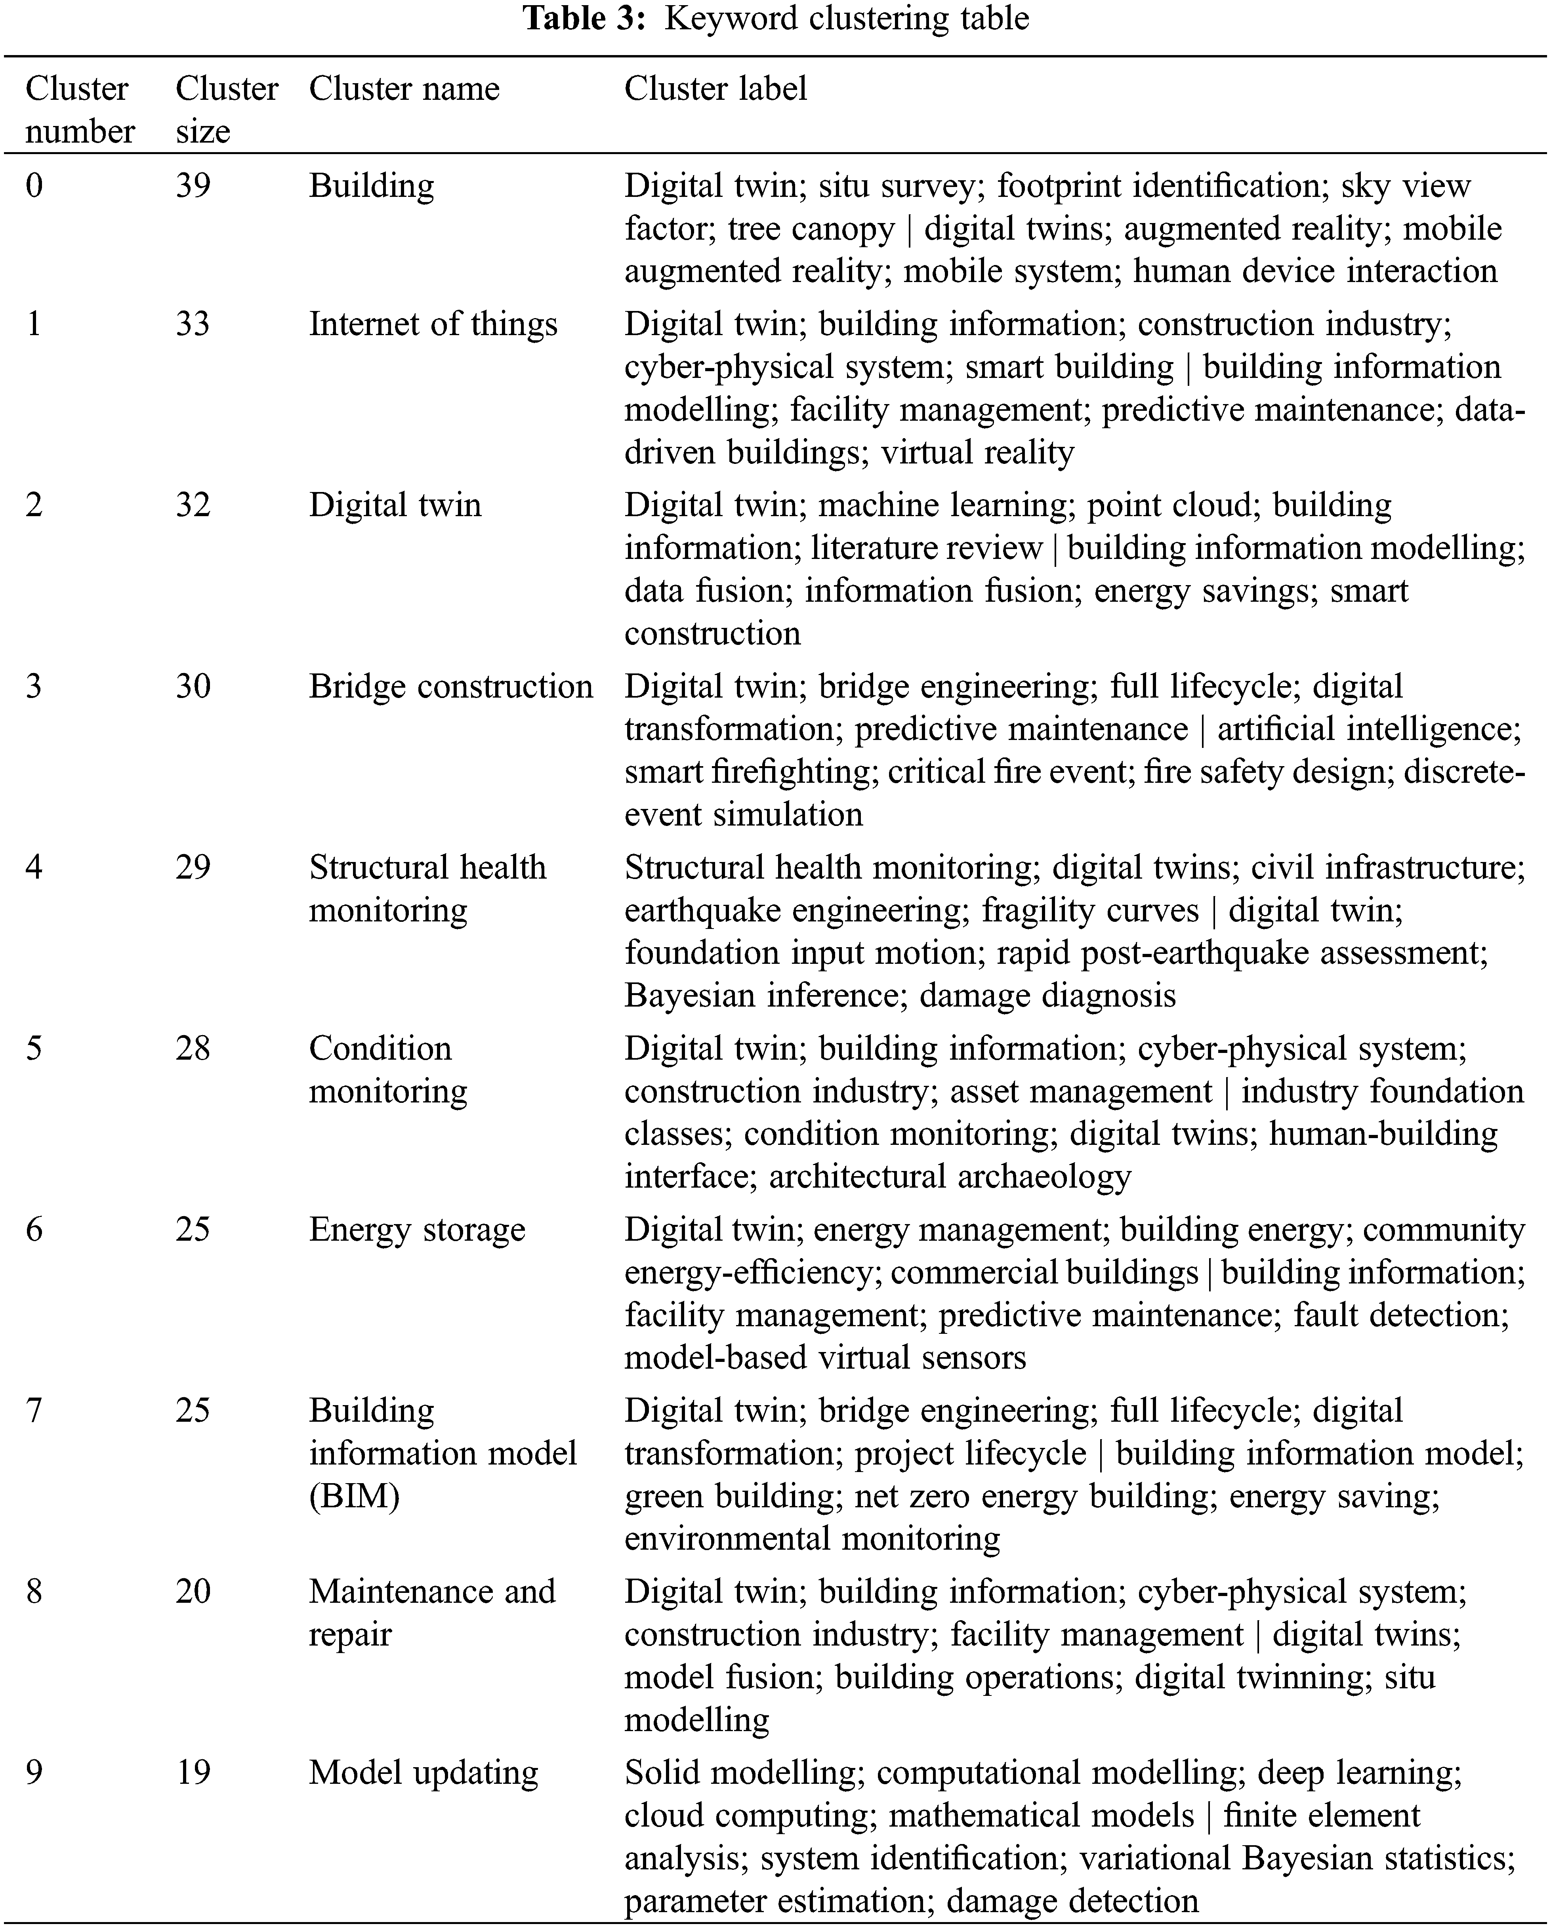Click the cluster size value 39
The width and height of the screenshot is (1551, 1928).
pyautogui.click(x=193, y=186)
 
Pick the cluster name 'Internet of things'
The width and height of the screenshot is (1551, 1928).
pyautogui.click(x=433, y=324)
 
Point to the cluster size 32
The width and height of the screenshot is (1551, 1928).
pyautogui.click(x=193, y=505)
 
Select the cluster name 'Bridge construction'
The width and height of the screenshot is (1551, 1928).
pyautogui.click(x=451, y=687)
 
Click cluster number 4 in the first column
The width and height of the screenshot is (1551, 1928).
pyautogui.click(x=34, y=868)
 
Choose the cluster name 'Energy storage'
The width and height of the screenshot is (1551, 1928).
pyautogui.click(x=417, y=1230)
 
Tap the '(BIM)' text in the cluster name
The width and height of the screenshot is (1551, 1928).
pyautogui.click(x=354, y=1496)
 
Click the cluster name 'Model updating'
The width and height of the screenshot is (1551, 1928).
pyautogui.click(x=423, y=1772)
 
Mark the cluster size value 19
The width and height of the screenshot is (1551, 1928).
pyautogui.click(x=193, y=1772)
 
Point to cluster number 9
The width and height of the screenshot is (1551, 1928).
pyautogui.click(x=34, y=1772)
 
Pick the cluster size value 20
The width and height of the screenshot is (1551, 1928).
pyautogui.click(x=193, y=1592)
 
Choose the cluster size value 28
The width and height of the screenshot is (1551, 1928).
pyautogui.click(x=193, y=1049)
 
